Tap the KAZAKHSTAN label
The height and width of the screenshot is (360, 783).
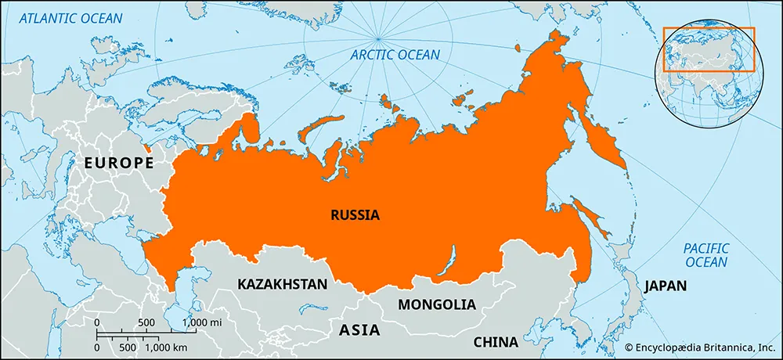[x=282, y=284]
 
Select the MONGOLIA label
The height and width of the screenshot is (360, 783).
[x=436, y=304]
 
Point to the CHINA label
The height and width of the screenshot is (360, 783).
[x=495, y=342]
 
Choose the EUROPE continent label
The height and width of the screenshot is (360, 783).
[x=119, y=164]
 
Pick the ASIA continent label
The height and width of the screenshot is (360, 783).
[x=359, y=330]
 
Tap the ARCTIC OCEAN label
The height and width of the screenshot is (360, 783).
[x=395, y=55]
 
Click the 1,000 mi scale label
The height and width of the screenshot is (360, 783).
[x=200, y=322]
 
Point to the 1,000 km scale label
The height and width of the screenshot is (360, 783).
[x=166, y=347]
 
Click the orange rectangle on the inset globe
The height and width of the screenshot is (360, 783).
[x=709, y=49]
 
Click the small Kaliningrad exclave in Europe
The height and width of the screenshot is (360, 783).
[x=146, y=146]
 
